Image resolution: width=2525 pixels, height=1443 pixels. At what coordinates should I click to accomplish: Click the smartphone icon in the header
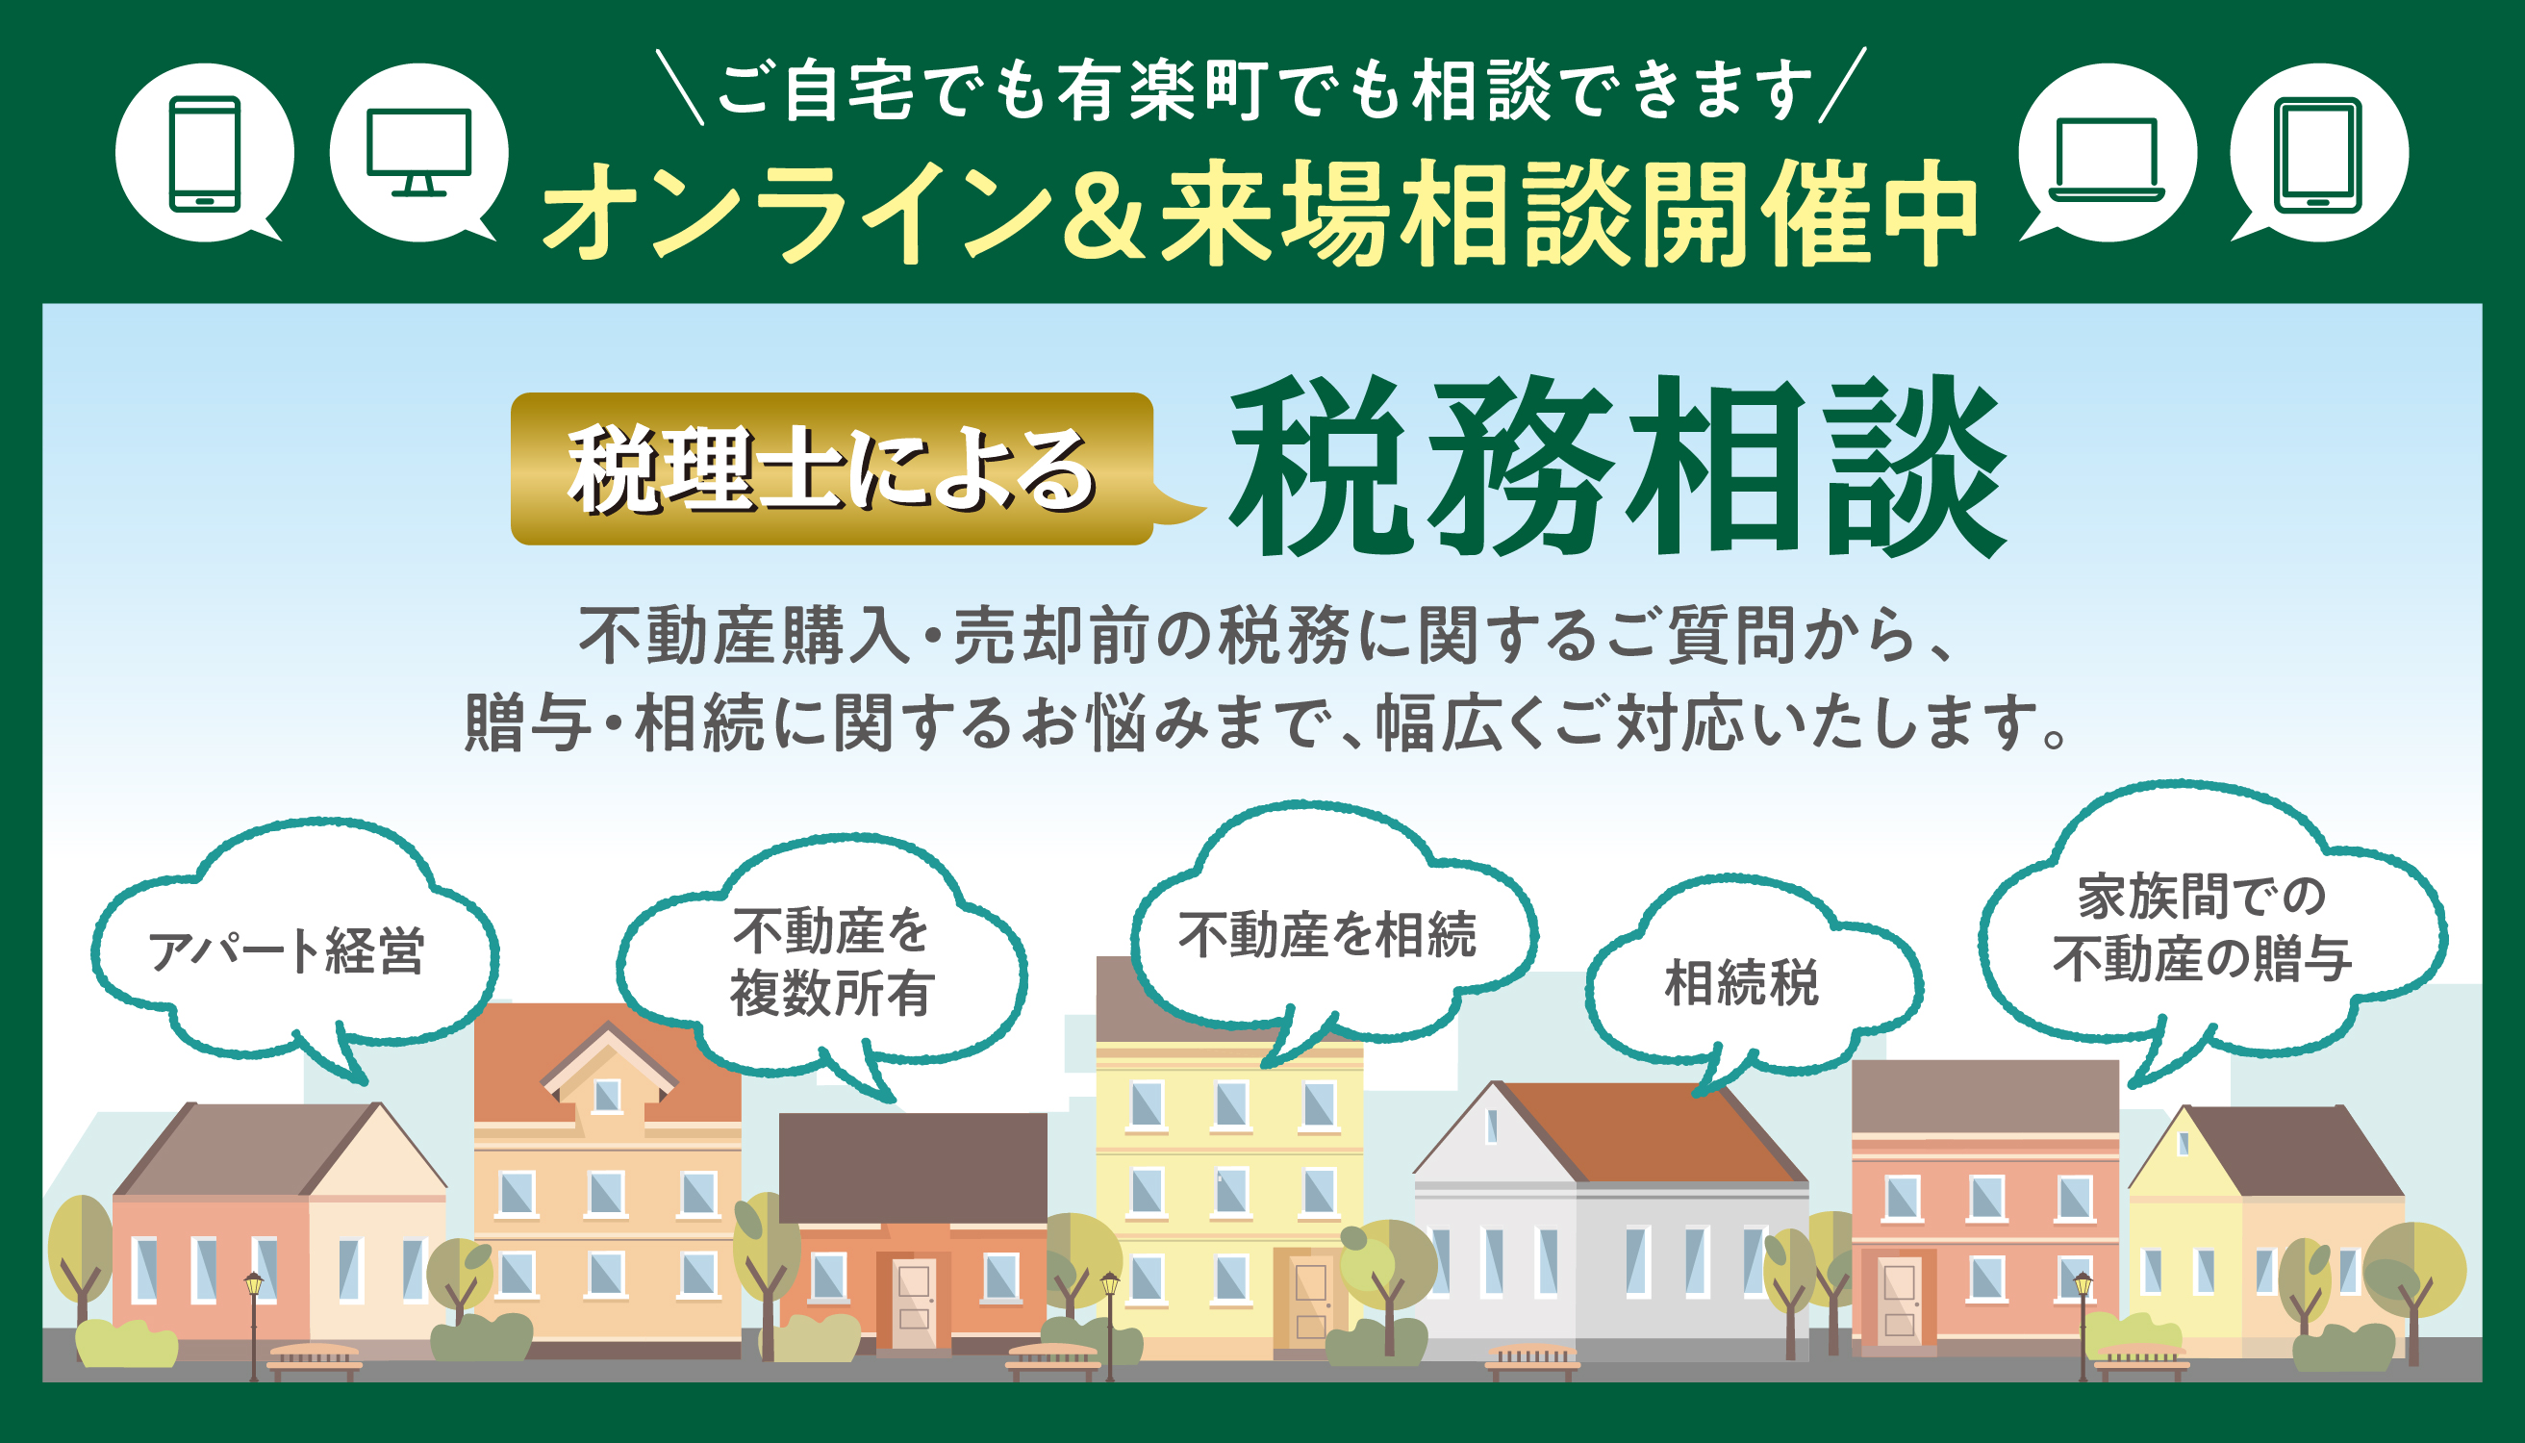click(x=204, y=154)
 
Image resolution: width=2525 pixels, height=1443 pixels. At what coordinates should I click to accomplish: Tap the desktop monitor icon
click(x=418, y=152)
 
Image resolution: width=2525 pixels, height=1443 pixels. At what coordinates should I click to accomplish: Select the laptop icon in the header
click(x=2106, y=159)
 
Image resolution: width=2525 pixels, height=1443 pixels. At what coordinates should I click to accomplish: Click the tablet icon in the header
click(x=2318, y=155)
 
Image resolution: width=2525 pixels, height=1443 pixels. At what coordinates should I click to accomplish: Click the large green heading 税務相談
click(x=1617, y=466)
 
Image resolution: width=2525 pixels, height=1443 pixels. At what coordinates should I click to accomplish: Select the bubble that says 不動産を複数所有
click(x=821, y=961)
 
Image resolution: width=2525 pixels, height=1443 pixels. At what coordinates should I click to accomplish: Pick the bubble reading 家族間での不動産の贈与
click(x=2212, y=926)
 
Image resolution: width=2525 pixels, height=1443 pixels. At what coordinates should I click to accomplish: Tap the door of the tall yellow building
click(x=1310, y=1299)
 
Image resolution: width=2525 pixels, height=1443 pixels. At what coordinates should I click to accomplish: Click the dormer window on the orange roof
click(x=606, y=1094)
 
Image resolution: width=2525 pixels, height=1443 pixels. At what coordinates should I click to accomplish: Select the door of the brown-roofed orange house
click(x=914, y=1304)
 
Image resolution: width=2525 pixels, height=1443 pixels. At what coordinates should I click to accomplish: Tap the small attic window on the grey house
click(x=1491, y=1126)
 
